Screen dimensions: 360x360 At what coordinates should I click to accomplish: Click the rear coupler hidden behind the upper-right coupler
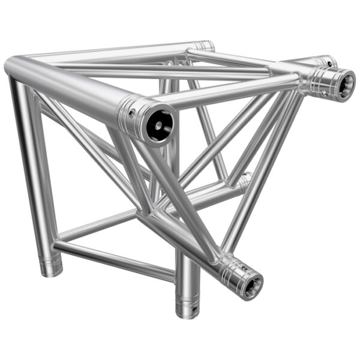[x=326, y=62]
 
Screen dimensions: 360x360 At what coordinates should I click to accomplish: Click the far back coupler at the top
[x=205, y=46]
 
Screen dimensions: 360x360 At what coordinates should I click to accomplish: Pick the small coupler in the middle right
[x=244, y=181]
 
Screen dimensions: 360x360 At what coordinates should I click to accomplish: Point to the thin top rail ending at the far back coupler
[x=120, y=53]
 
